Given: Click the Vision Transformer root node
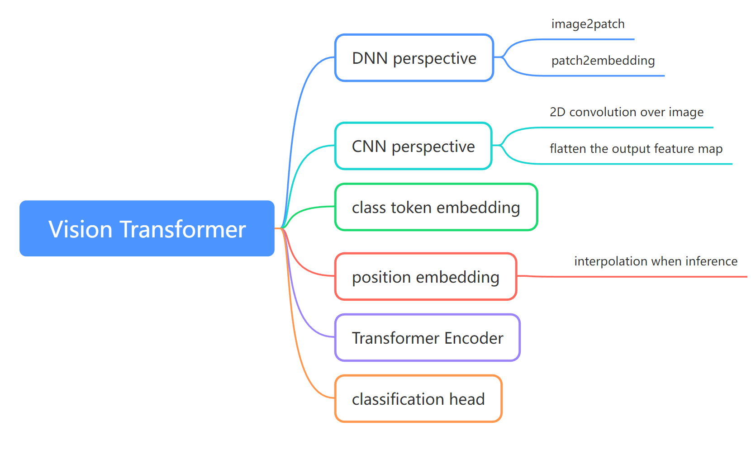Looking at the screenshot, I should pyautogui.click(x=147, y=228).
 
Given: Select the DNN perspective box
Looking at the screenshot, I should pyautogui.click(x=414, y=58).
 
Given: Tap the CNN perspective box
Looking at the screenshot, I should pyautogui.click(x=413, y=146).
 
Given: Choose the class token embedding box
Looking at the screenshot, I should pyautogui.click(x=435, y=207).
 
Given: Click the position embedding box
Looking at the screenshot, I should pyautogui.click(x=425, y=277).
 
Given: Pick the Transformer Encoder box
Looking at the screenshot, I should pyautogui.click(x=427, y=338).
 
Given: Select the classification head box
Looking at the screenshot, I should pyautogui.click(x=418, y=399).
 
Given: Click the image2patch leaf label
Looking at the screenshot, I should pyautogui.click(x=588, y=24).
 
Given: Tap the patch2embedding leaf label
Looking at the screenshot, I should pyautogui.click(x=603, y=61).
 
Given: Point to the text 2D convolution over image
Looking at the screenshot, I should pyautogui.click(x=626, y=112).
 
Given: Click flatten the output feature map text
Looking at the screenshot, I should pyautogui.click(x=636, y=149).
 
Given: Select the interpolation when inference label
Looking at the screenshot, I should pyautogui.click(x=656, y=261).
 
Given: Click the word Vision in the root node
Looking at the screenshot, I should pyautogui.click(x=81, y=229).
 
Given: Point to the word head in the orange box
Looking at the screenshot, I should pyautogui.click(x=467, y=399).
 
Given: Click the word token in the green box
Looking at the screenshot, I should pyautogui.click(x=411, y=208).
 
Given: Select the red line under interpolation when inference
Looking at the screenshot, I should pyautogui.click(x=656, y=276).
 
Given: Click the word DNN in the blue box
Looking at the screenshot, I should pyautogui.click(x=370, y=58).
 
